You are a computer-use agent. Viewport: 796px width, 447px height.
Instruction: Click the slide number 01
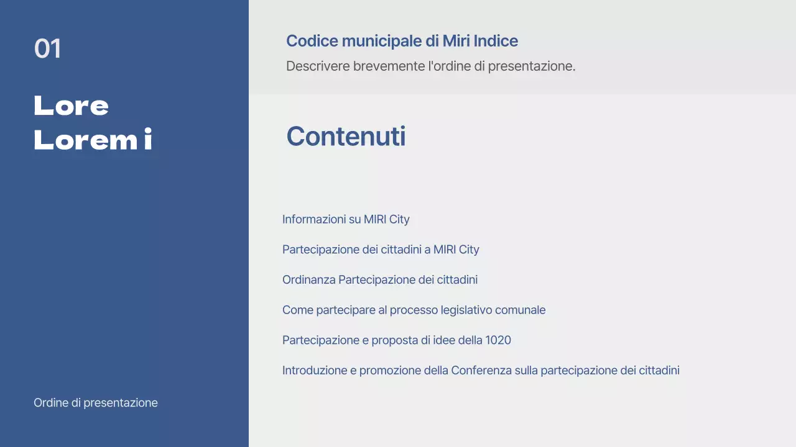(x=47, y=49)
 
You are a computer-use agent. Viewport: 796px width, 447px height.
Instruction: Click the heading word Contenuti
(x=346, y=137)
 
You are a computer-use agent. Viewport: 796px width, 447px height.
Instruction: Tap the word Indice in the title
(x=496, y=42)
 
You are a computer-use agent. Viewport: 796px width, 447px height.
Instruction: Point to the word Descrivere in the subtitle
(x=318, y=66)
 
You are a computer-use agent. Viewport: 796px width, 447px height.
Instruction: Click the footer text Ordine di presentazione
(x=96, y=403)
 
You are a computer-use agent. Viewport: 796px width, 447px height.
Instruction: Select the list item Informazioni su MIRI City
(x=346, y=219)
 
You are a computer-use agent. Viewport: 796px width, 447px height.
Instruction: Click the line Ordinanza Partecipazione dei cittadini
(x=380, y=280)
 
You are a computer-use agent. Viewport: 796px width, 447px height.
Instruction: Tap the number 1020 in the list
(x=498, y=340)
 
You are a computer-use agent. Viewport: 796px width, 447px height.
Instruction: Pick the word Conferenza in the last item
(x=481, y=371)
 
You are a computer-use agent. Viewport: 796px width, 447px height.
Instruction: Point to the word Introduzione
(x=315, y=371)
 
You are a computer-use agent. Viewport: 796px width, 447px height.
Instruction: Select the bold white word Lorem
(x=85, y=141)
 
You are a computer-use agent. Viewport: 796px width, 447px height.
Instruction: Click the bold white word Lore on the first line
(x=71, y=106)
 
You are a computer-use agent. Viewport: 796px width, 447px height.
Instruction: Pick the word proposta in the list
(x=394, y=340)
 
